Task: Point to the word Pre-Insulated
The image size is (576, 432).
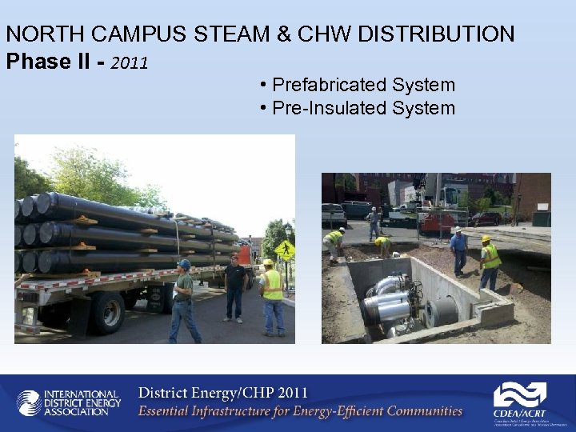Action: coord(325,108)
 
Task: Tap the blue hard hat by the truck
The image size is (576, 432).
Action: coord(185,263)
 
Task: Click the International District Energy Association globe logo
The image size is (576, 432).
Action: coord(30,402)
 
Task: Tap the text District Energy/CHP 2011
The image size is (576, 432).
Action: coord(222,394)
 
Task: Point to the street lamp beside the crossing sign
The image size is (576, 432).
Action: coord(288,232)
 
